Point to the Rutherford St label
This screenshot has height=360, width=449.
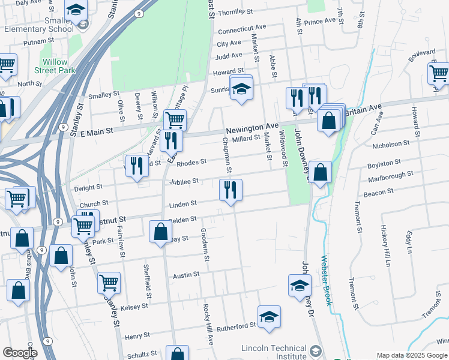[237, 326]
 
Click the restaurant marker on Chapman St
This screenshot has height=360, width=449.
[231, 191]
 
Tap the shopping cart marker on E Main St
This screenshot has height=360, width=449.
[175, 120]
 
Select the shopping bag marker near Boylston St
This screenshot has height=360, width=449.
[321, 173]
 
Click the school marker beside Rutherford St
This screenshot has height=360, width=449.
[270, 317]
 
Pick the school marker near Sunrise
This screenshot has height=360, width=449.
[241, 89]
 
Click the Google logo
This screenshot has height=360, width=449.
[20, 353]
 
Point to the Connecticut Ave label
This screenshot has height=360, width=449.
[242, 29]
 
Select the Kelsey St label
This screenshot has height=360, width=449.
[134, 307]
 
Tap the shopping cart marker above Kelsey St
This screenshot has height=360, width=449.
[109, 283]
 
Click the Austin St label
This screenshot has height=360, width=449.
[186, 275]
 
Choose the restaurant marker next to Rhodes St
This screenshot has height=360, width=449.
[137, 166]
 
